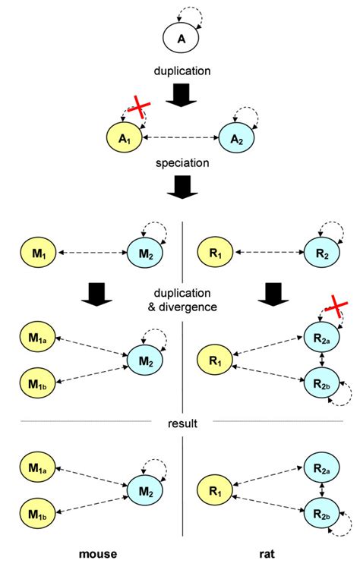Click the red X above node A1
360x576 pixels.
(136, 110)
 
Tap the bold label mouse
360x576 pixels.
(98, 555)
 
